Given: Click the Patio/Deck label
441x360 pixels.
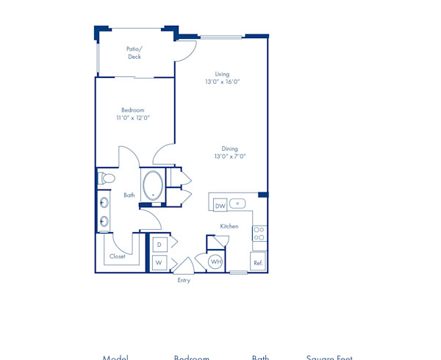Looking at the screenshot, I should pos(134,53).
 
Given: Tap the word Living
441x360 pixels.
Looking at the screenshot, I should pos(222,74).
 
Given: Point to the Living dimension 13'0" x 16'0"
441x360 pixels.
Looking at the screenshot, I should pos(222,82).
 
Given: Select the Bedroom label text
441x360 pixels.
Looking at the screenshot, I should pos(133,110).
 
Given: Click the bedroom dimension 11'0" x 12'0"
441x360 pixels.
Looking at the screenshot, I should pos(133,118).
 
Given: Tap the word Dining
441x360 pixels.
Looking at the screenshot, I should pos(230,148).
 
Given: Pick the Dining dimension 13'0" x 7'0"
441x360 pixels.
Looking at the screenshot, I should pos(230,156).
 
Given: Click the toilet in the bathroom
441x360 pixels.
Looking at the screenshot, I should pos(107,178).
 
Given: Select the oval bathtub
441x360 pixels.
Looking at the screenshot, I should pos(154,186).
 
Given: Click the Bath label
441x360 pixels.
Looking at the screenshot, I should pos(129,195).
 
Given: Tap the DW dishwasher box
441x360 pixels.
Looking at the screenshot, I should pos(220,206).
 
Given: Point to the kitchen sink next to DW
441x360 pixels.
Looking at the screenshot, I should pos(237,204).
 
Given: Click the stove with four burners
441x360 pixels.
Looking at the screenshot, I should pos(259,234).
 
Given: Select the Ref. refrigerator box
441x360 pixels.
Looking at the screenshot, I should pos(258,262).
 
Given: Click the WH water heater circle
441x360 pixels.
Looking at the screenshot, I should pos(216,262).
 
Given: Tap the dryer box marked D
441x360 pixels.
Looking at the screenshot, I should pos(159,244).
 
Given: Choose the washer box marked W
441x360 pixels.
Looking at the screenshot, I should pos(159,262).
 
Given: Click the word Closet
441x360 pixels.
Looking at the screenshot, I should pos(118,256).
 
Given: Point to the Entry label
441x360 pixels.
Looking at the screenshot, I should pos(184,280).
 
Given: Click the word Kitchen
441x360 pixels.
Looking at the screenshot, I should pos(229,226).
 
